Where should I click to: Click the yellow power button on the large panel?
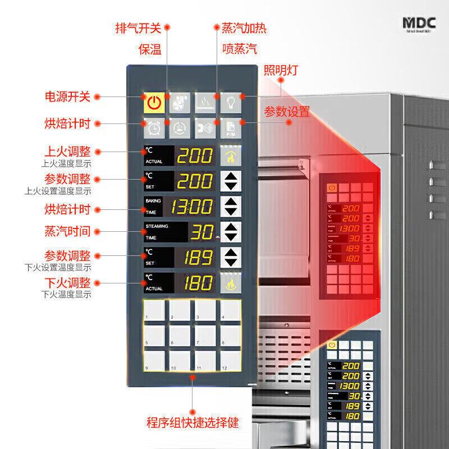[154, 102]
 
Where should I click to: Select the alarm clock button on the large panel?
[154, 128]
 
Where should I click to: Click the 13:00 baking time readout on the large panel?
[192, 207]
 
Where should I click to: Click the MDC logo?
[418, 24]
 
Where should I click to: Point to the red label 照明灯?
[281, 70]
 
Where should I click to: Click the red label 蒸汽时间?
[67, 231]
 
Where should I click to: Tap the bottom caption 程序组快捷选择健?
[193, 423]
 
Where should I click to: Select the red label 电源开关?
[67, 97]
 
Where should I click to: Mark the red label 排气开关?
[138, 28]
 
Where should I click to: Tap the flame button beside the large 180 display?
[230, 283]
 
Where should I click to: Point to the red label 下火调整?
[67, 282]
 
